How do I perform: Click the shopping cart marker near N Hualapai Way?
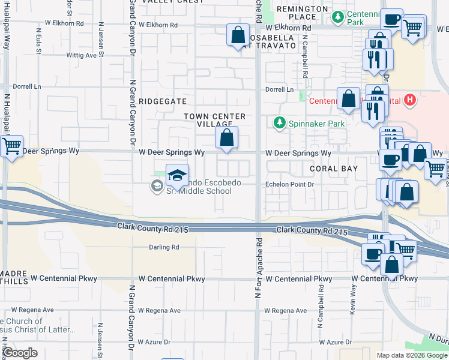point(11,146)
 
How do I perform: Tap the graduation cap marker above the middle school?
point(177,175)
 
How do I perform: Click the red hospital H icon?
point(410,100)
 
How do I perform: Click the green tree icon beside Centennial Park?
point(340,15)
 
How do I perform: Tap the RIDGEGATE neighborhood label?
point(163,101)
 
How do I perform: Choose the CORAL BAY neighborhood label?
point(333,169)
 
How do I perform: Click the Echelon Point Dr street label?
point(290,185)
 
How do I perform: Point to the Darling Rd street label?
point(164,247)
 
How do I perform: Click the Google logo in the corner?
point(20,353)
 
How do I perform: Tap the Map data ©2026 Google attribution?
point(412,355)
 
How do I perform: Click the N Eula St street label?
point(38,40)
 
